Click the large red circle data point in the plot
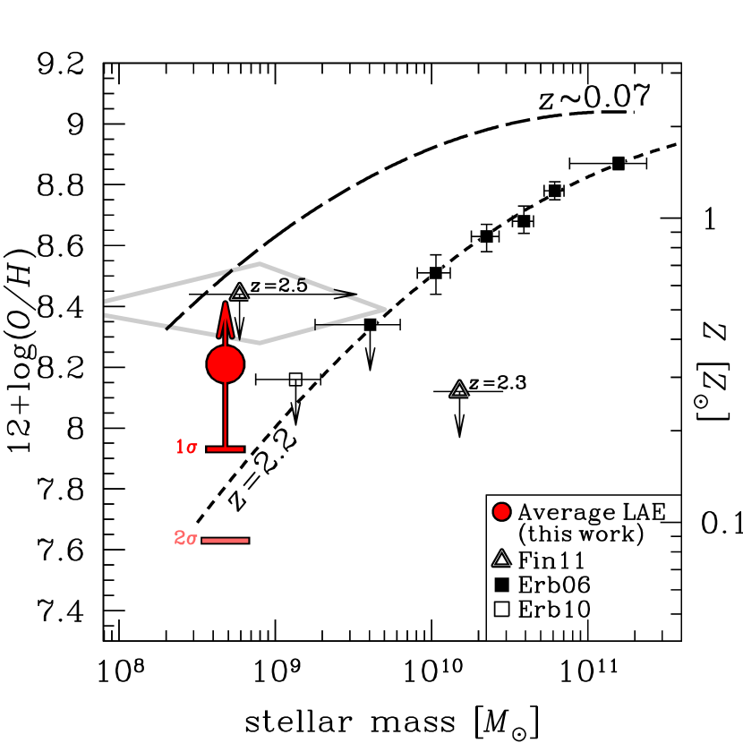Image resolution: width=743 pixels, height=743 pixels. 225,364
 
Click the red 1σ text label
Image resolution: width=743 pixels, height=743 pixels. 186,448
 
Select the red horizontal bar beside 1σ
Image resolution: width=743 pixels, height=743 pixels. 225,448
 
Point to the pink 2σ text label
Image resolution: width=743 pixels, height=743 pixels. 185,539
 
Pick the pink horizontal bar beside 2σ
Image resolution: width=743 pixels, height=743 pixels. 225,541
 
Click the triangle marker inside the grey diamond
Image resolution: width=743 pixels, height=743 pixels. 239,293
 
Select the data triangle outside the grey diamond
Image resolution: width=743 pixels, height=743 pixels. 459,389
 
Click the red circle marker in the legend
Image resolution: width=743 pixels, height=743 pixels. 501,512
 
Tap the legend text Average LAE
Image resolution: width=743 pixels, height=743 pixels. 592,512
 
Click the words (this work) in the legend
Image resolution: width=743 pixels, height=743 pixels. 581,535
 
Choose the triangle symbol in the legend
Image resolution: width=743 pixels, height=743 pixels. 501,560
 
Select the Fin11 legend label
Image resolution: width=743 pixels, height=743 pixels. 551,561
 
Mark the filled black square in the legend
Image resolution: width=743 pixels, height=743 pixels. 501,585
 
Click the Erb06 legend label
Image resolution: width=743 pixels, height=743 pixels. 554,585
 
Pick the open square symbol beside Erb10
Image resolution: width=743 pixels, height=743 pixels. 501,610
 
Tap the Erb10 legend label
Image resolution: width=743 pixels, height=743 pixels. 554,610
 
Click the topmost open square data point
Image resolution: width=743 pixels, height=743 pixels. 619,163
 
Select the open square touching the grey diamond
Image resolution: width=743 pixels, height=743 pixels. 371,325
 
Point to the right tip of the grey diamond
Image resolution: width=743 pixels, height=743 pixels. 385,309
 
